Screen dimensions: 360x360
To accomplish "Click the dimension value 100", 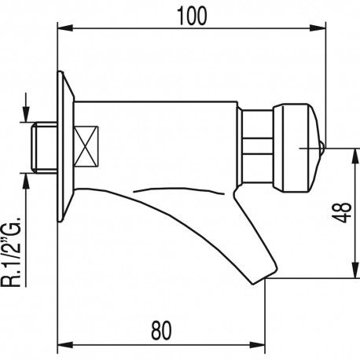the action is click(x=192, y=17).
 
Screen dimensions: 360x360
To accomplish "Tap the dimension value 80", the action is click(x=161, y=331).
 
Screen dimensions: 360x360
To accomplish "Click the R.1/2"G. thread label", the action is click(x=11, y=252).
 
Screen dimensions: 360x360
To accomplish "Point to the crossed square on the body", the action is click(x=86, y=147).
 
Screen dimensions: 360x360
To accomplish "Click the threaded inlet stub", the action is click(x=44, y=147).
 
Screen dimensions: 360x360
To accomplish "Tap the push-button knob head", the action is click(x=296, y=148).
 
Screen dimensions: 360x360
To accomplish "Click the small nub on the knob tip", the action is click(x=322, y=148).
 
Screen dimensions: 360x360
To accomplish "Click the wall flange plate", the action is click(x=65, y=147).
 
